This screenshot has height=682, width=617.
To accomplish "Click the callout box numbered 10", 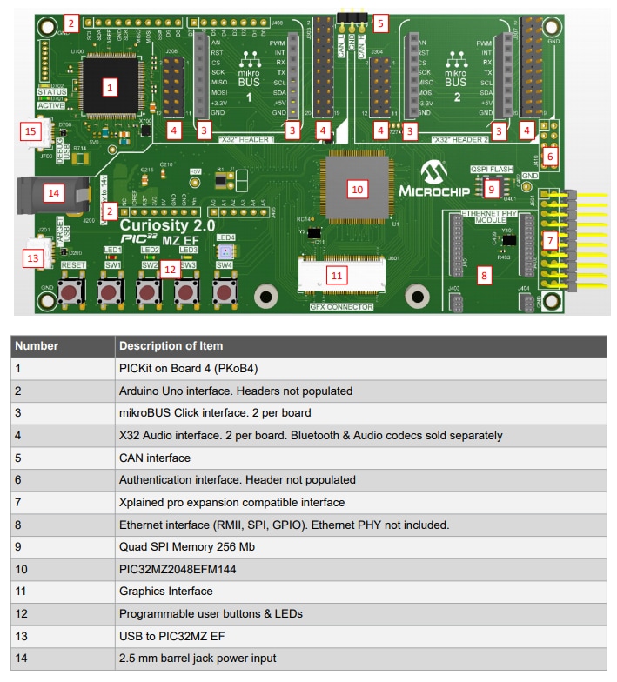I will (x=355, y=187).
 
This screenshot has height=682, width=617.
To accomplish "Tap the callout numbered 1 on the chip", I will (x=110, y=87).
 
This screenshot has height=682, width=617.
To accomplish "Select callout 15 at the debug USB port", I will (x=31, y=131).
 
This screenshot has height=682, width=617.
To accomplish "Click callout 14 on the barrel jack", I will (x=54, y=191).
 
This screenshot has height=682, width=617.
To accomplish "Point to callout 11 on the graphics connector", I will (x=337, y=274).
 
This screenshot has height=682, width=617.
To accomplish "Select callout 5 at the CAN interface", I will (x=379, y=23).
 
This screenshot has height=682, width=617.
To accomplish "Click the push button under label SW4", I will (x=225, y=291).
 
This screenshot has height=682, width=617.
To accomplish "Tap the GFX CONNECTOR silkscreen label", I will (x=341, y=307).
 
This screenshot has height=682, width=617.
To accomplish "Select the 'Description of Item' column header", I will (x=171, y=345).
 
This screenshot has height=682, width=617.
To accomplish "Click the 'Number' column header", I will (x=37, y=345).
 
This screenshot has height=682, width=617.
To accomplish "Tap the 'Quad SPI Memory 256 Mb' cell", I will (x=179, y=547).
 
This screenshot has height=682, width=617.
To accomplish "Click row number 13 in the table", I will (x=23, y=636).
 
